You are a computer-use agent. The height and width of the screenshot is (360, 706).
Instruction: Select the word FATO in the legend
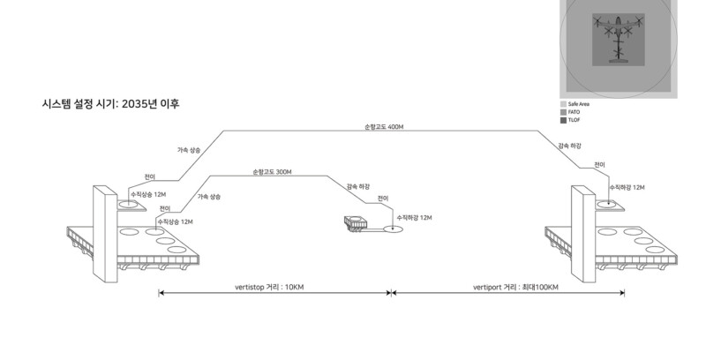[x=574, y=112]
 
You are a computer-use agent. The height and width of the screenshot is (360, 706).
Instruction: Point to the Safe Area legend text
[x=578, y=104]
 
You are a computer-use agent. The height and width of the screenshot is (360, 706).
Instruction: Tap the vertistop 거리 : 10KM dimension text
[x=269, y=288]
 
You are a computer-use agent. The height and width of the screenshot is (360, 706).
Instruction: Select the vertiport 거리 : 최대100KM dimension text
[x=516, y=288]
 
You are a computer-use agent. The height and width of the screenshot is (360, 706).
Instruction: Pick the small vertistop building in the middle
[x=357, y=223]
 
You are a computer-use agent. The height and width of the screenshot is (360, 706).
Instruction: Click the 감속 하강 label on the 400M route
[x=569, y=145]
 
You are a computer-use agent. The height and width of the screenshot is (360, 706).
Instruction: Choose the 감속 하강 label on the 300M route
[x=358, y=187]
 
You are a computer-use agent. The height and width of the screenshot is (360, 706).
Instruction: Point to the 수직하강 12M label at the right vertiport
[x=627, y=188]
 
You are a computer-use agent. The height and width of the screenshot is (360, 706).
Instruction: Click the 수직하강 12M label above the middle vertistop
[x=414, y=216]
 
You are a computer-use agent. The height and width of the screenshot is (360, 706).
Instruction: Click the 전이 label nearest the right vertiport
[x=599, y=165]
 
